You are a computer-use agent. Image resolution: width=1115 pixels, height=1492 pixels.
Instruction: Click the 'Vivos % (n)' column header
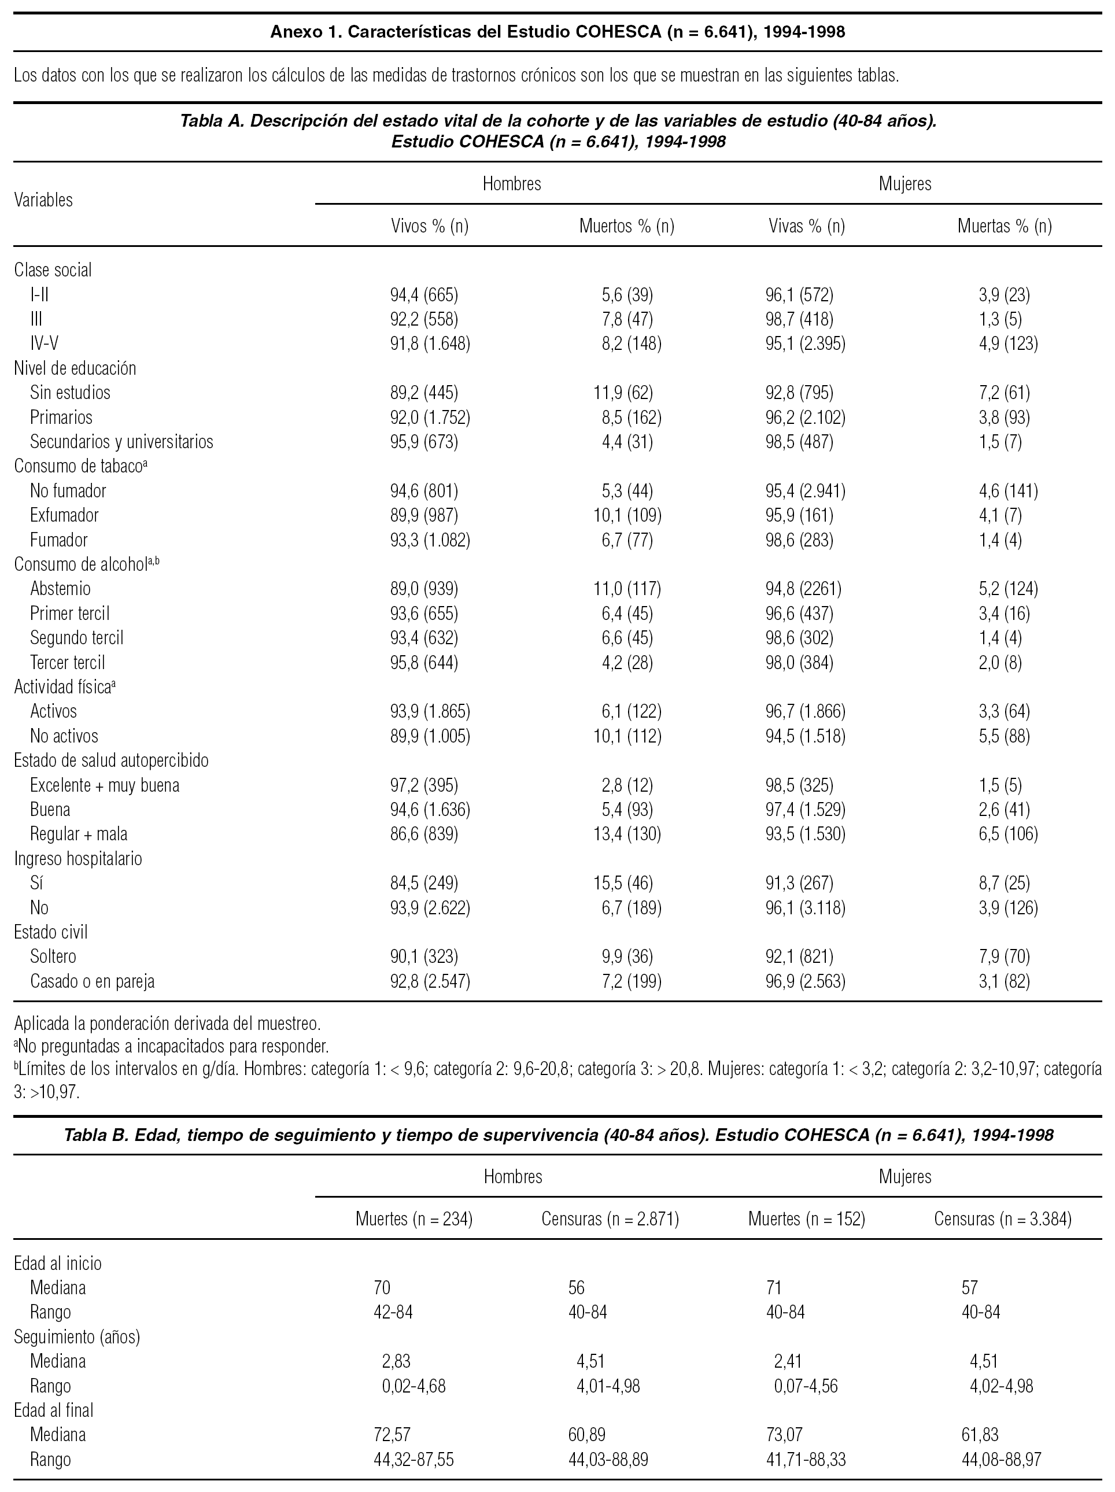[x=430, y=226]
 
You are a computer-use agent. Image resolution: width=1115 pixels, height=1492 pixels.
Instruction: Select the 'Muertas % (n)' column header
[x=1004, y=226]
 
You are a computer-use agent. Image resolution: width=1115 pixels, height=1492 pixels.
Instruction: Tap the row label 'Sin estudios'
[x=69, y=393]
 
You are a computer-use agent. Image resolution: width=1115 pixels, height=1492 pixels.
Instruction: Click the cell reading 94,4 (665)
[x=423, y=295]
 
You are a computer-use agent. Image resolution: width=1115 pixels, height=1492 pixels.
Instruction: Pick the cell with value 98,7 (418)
[x=794, y=319]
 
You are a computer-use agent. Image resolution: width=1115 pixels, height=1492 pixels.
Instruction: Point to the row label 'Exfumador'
[x=64, y=515]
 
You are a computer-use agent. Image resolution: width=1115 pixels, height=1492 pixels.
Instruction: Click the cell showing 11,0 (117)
[x=627, y=589]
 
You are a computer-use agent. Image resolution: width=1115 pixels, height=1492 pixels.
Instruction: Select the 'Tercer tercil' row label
[x=68, y=662]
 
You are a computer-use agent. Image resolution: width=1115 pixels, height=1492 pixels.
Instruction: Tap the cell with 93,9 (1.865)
[x=430, y=711]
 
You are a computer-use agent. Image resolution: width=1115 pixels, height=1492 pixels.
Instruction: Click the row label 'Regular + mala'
[x=78, y=834]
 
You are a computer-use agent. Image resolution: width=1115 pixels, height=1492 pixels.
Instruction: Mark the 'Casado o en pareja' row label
[x=92, y=981]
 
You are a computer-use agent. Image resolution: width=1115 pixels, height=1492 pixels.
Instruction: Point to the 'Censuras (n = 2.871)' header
[x=610, y=1219]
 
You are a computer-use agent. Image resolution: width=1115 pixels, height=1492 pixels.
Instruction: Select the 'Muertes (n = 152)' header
[x=806, y=1219]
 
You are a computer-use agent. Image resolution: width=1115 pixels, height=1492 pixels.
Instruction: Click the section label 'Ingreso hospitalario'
[x=77, y=859]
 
